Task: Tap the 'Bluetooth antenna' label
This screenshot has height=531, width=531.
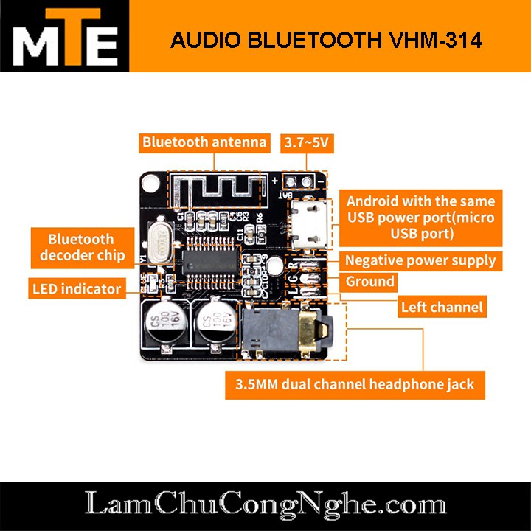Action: click(x=204, y=142)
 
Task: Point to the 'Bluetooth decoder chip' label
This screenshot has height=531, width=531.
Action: click(x=80, y=247)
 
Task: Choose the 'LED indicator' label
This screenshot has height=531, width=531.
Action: click(x=76, y=288)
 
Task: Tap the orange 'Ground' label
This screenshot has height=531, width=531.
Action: click(x=370, y=282)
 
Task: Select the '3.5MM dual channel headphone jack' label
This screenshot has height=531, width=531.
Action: click(x=355, y=384)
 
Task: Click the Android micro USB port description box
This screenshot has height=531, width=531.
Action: click(x=420, y=218)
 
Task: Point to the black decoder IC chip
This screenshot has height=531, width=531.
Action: click(x=210, y=260)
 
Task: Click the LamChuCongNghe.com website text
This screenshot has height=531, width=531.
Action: click(x=265, y=505)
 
